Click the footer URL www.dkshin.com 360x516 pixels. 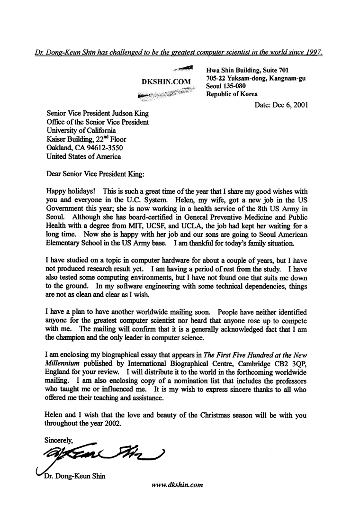tap(177, 486)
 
